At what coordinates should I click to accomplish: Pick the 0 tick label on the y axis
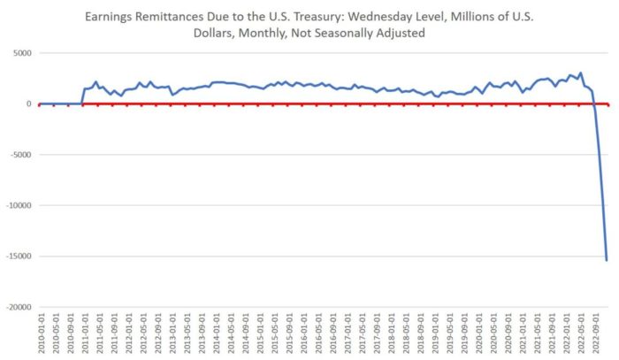(x=29, y=103)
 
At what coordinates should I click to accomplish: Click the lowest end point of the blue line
(x=607, y=260)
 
